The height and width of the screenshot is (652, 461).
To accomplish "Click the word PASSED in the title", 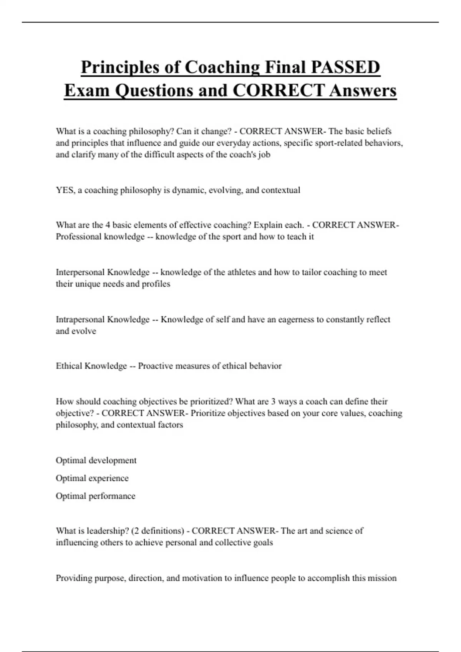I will tap(345, 67).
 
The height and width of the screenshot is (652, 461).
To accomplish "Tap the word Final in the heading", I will tap(284, 67).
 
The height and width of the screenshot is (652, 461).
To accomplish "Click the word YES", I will tap(65, 190).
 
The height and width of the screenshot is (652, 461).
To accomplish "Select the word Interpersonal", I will tap(80, 272).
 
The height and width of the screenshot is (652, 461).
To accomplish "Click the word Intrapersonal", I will tap(81, 319).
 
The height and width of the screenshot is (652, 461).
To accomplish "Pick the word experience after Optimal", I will tap(109, 478).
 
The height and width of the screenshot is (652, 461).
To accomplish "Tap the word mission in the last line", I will tap(381, 578).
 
